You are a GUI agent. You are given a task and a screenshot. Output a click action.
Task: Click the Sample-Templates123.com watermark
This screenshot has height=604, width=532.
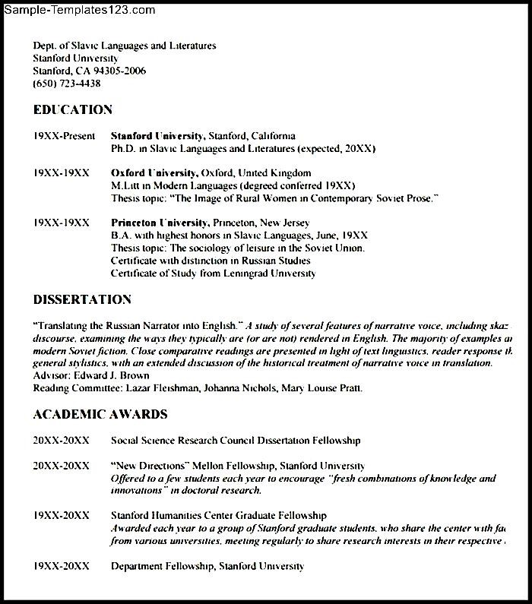(x=80, y=10)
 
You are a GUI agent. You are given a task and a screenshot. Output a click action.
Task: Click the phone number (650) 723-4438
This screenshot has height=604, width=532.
(x=67, y=84)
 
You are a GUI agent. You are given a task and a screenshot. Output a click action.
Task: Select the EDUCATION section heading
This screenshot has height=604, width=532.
(x=72, y=110)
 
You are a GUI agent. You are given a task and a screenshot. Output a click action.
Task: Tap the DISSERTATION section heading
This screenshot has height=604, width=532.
(x=82, y=300)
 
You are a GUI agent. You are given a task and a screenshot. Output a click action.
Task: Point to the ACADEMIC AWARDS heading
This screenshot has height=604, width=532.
(x=100, y=415)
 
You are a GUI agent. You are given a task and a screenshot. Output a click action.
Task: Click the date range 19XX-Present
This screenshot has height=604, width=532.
(x=64, y=136)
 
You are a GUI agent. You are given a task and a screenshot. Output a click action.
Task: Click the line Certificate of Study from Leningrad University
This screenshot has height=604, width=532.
(x=213, y=274)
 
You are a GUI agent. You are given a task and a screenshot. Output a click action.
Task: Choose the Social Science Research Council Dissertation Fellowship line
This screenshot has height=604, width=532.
(x=236, y=440)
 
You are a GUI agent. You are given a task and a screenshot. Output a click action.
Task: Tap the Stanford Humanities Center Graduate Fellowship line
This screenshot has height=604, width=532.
(x=219, y=515)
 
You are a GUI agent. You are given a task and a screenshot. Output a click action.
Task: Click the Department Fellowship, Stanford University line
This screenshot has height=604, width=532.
(x=207, y=566)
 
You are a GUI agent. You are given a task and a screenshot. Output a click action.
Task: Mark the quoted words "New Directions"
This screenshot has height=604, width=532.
(x=150, y=465)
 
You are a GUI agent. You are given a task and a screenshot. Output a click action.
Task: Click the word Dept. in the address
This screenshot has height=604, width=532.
(x=45, y=46)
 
